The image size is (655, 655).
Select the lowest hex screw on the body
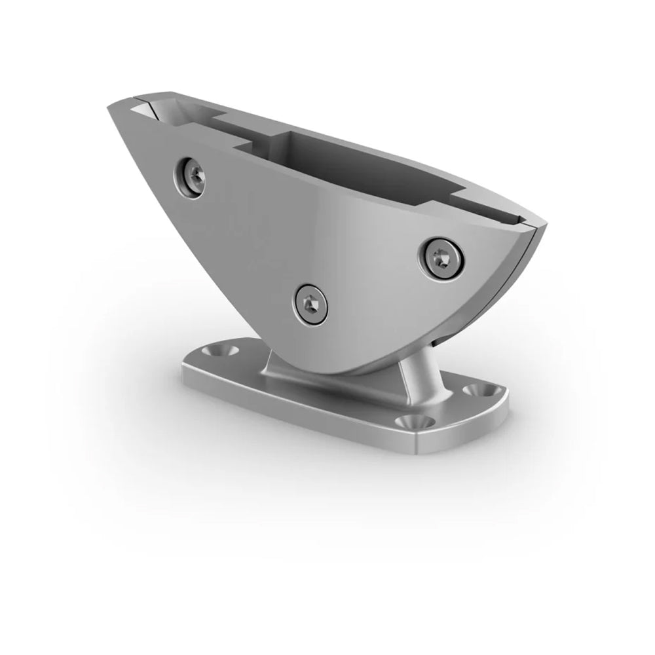click(309, 303)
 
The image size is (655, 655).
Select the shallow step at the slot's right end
click(458, 196)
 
